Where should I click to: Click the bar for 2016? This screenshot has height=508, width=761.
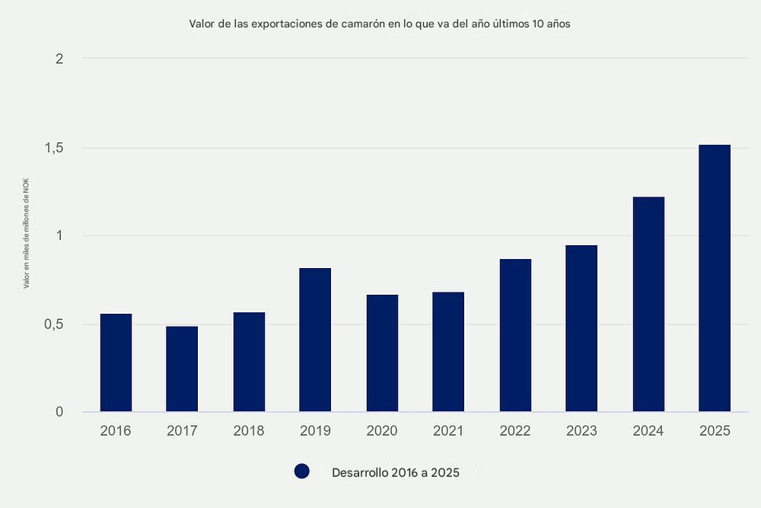coord(116,363)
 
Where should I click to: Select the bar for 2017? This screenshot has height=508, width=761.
coord(182,369)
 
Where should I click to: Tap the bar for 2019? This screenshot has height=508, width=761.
coord(315,340)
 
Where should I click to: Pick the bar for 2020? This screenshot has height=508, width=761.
coord(382,353)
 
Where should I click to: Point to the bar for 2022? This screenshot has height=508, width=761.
coord(515,335)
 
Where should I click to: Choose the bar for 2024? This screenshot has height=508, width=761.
coord(648,305)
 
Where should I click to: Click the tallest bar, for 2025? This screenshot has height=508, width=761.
coord(715,278)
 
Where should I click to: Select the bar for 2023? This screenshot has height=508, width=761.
coord(581,328)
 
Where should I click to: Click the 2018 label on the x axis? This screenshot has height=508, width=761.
coord(249,431)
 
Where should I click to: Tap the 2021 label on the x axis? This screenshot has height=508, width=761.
coord(448,431)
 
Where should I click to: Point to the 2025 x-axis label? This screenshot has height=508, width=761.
coord(715,431)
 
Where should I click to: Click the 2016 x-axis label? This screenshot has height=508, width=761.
coord(116,431)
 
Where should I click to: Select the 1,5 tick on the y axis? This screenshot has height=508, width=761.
coord(53,148)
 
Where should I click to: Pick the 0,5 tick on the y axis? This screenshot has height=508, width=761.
coord(53,324)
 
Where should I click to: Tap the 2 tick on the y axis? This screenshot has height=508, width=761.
coord(59,59)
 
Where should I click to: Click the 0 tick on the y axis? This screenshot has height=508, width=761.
coord(59,412)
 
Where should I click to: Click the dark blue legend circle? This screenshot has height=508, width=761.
coord(302,472)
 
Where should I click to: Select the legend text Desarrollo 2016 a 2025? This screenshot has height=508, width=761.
coord(395,473)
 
